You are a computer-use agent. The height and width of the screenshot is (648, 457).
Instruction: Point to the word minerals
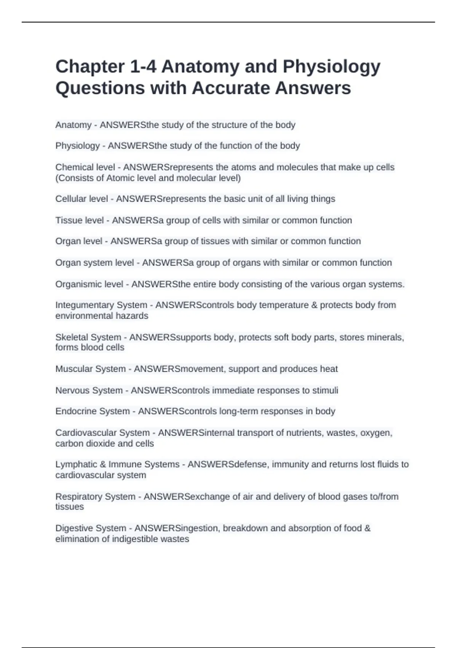point(385,337)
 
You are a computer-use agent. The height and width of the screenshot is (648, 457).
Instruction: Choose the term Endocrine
point(73,411)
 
